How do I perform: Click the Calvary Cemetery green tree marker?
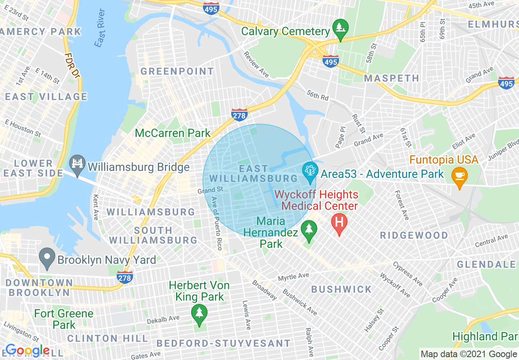tap(340, 28)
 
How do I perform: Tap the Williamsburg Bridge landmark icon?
tap(77, 163)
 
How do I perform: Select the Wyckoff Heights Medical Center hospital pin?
tap(339, 223)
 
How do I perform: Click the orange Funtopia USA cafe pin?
tap(460, 176)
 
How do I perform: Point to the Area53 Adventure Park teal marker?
tap(310, 171)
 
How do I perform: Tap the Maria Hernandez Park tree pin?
tap(309, 229)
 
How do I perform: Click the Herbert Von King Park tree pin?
tap(199, 313)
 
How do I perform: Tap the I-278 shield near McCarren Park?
tap(239, 115)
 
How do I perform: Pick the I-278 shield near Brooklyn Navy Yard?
tap(124, 277)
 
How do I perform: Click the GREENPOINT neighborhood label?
tap(177, 72)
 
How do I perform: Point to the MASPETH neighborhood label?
tap(391, 78)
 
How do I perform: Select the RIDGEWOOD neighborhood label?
tap(414, 235)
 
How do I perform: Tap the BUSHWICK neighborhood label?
tap(341, 289)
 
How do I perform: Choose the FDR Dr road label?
tap(72, 65)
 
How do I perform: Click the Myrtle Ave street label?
tap(293, 277)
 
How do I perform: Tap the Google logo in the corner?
tap(27, 351)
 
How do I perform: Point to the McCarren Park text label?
tap(173, 133)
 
